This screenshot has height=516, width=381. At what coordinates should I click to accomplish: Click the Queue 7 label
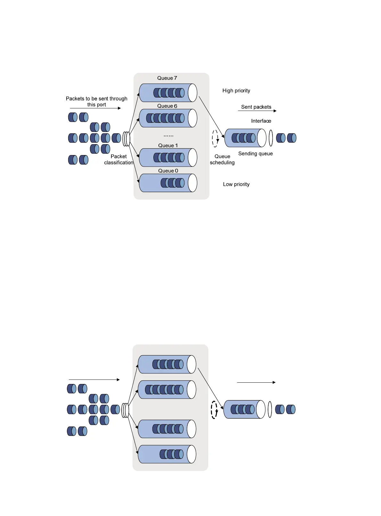coord(167,78)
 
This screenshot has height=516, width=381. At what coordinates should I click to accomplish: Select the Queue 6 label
coord(167,106)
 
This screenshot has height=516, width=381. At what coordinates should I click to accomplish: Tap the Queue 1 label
coord(168,145)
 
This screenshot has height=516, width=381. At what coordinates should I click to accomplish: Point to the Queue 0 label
coord(168,171)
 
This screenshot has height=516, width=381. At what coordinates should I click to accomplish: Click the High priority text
coord(236,90)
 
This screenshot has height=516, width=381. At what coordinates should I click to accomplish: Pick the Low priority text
coord(236,184)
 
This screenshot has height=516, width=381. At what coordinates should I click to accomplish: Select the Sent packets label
coord(256,107)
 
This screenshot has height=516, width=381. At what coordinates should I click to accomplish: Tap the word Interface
coord(261,121)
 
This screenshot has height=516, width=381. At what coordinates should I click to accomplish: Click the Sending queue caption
coord(255,153)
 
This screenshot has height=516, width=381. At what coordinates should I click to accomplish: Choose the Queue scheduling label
coord(222,159)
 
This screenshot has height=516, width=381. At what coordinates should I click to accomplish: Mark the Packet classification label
coord(118,159)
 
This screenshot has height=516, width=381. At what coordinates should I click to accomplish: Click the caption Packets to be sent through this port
coord(96,101)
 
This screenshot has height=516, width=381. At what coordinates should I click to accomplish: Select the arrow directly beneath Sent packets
coord(257,111)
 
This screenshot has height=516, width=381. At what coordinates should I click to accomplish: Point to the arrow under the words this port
coord(95,108)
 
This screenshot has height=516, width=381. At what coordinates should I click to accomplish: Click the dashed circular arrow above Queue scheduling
coord(215,138)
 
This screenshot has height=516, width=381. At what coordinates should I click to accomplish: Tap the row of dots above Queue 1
coord(168,136)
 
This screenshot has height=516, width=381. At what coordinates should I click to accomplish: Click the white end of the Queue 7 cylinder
coord(192,93)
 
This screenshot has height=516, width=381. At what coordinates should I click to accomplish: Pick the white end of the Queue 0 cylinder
coord(192,183)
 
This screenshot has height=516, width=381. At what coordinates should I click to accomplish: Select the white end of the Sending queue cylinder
coord(262,138)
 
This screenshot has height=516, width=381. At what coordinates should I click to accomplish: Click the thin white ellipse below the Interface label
coord(271,138)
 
